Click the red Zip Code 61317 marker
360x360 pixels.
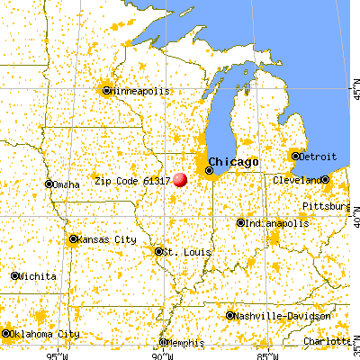coord(181,179)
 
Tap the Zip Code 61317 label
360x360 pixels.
coord(132,181)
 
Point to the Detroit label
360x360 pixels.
coord(318,157)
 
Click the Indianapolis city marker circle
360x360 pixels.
coord(240,222)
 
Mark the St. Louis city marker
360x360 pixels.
coord(158,251)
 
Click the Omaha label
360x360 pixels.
coord(66,184)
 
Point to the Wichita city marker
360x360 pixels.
coord(14,275)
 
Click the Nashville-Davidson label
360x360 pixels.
coord(273,316)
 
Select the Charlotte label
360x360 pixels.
coord(326,342)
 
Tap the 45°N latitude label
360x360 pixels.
coord(354,92)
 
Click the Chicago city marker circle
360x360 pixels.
coord(210,169)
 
